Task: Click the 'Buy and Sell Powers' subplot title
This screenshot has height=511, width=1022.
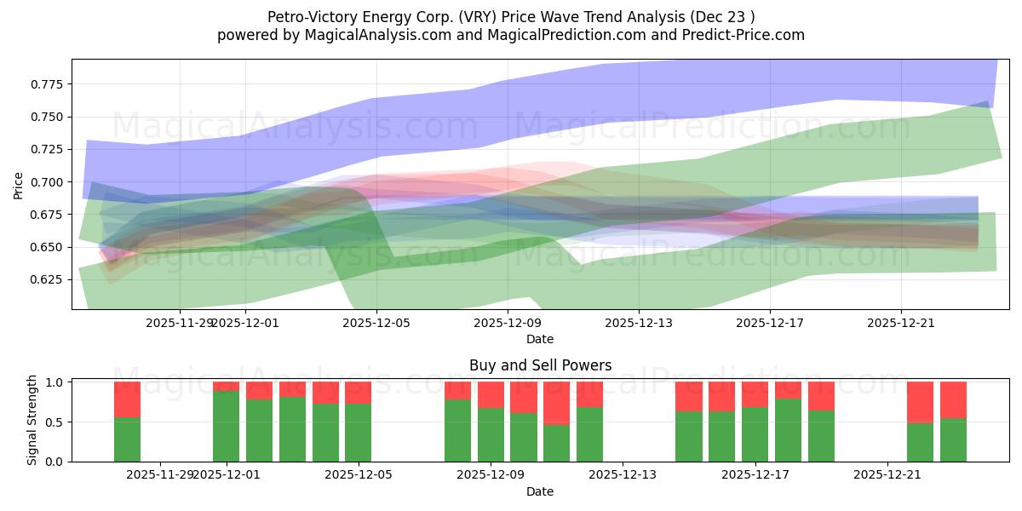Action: [540, 365]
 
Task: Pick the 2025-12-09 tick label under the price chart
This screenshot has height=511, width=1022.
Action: [508, 323]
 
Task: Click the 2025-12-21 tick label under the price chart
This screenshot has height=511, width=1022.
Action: [901, 323]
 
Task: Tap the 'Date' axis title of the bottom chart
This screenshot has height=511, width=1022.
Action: [540, 491]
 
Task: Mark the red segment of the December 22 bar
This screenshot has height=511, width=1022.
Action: [920, 402]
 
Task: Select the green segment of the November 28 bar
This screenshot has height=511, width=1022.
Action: [127, 439]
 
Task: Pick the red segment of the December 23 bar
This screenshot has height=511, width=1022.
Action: [953, 399]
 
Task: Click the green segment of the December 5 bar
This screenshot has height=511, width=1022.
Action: [358, 433]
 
